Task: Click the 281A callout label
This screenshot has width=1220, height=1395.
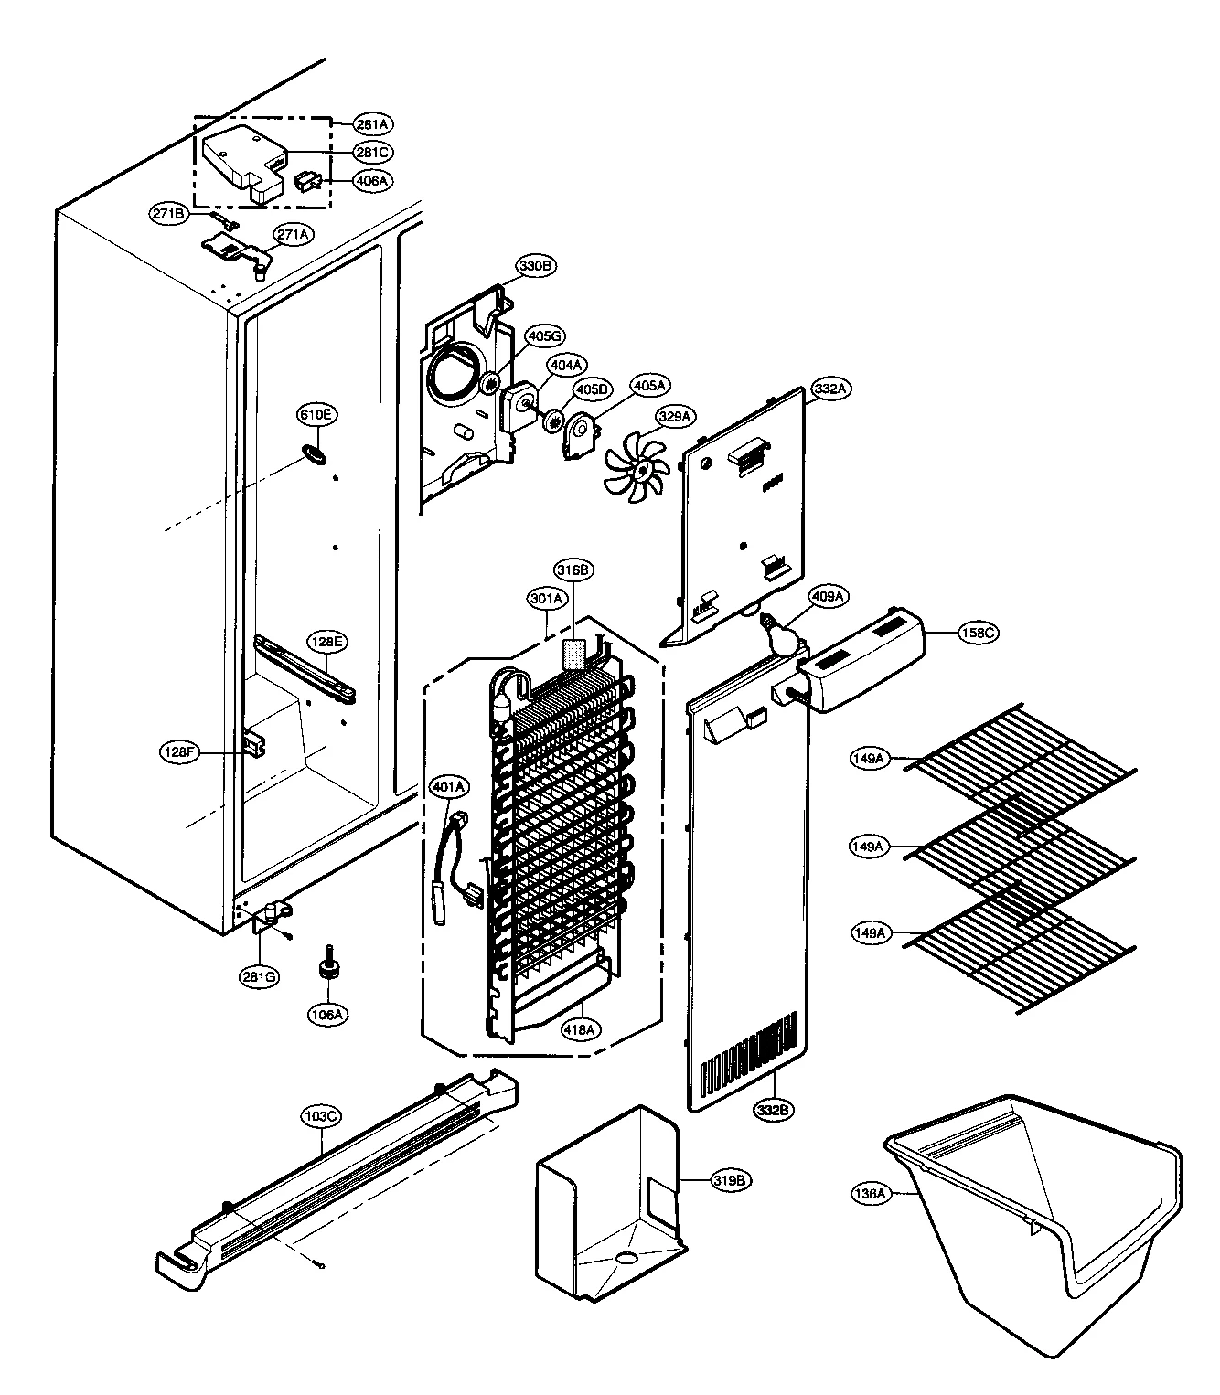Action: pos(373,123)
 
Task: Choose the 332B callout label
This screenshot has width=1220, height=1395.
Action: pos(773,1111)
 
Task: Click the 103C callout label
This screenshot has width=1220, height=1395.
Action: pos(321,1116)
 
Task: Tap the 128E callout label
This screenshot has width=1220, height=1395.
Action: pos(327,643)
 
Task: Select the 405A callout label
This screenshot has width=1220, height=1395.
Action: pos(650,387)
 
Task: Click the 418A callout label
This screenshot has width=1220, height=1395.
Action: pos(580,1029)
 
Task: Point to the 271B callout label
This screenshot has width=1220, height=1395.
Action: pos(169,214)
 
